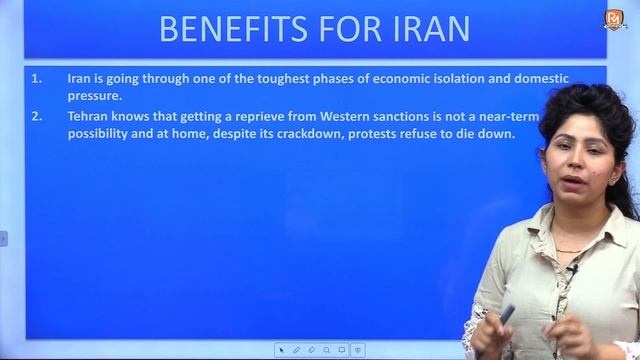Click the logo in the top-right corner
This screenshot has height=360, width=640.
click(614, 19)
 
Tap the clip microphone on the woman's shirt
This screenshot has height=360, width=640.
click(571, 270)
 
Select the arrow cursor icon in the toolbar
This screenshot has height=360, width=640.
click(282, 350)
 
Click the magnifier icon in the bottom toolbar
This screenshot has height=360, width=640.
click(327, 350)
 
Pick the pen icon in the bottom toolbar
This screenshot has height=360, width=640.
click(297, 350)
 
